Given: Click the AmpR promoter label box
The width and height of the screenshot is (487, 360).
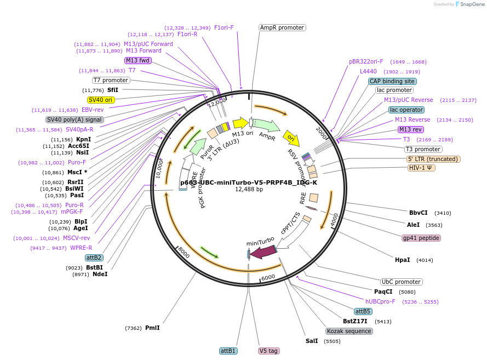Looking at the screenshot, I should pos(282,27).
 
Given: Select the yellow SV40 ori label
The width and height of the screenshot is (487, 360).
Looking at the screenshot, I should pos(101,100).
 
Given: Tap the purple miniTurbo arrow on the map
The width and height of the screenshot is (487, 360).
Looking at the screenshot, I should pos(262,252).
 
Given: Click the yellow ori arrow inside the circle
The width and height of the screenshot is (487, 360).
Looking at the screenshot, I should pos(290,136).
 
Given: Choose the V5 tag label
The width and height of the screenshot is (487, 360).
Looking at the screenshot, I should pos(269,351).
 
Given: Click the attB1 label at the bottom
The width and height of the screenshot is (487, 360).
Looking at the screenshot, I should pos(228,351).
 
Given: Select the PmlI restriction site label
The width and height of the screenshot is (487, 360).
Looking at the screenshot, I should pos(152,328).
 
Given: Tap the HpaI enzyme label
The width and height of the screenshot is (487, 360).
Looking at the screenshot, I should pos(402,260).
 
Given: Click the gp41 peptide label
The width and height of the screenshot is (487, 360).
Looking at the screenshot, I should pos(421,238).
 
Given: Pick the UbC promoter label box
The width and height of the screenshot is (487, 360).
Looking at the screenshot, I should pos(401,282).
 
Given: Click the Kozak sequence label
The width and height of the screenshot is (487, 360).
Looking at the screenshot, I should pos(349,331).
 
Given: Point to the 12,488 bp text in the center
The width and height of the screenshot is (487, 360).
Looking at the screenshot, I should pos(249,190).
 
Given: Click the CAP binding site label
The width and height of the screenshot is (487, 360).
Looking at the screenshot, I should pos(392,81).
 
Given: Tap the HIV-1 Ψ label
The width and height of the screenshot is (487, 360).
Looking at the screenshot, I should pos(421,168).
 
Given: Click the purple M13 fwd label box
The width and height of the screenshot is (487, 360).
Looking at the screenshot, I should pos(137,60).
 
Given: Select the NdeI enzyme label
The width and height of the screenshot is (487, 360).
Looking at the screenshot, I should pos(100,274).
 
